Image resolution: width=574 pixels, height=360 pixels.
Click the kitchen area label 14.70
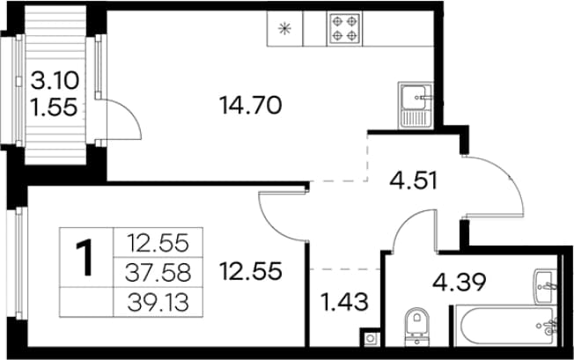pos(250,106)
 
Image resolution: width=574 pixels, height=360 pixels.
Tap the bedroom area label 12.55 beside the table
pos(250,271)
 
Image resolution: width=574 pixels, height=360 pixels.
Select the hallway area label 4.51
pos(413,180)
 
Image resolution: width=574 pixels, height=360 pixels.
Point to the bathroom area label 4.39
pos(459,282)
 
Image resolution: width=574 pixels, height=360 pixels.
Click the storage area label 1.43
pos(344,302)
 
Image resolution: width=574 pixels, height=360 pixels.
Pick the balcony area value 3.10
pos(55,80)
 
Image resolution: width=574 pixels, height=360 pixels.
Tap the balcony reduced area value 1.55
pos(55,107)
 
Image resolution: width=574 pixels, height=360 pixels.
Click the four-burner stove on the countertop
pos(344,28)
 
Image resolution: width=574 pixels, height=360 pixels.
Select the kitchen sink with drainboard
pos(416,105)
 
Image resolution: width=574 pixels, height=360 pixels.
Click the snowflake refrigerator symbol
pos(284,28)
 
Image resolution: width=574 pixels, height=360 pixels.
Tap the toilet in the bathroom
pos(417,327)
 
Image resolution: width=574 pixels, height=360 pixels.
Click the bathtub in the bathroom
pos(506,326)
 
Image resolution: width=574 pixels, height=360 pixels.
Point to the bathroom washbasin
pos(546,287)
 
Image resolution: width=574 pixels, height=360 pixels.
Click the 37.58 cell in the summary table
pos(158,273)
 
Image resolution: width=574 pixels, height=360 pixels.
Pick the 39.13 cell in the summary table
pos(158,302)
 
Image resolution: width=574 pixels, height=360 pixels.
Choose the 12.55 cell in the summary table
pos(158,243)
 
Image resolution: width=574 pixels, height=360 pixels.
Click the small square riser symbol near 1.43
pos(370,338)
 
